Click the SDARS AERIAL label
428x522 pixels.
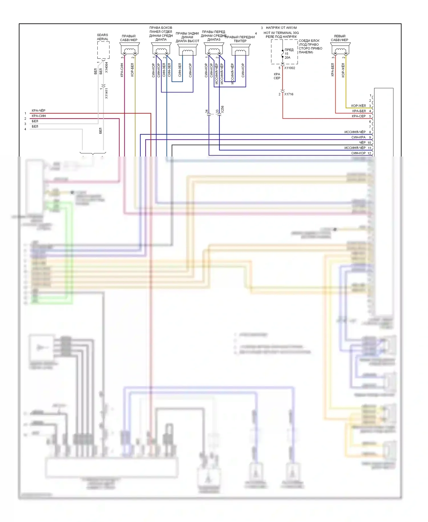[x=102, y=37]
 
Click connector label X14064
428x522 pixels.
[x=106, y=67]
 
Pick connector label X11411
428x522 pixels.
[x=106, y=93]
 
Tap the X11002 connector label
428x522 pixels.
[x=290, y=68]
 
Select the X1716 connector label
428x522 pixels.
[x=288, y=94]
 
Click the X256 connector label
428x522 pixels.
[x=222, y=109]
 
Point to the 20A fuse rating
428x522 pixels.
[x=287, y=58]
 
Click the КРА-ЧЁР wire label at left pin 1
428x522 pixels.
[x=39, y=111]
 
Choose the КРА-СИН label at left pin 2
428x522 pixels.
[x=39, y=116]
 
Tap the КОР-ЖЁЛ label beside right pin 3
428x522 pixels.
[x=358, y=106]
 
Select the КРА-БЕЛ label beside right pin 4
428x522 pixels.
[x=359, y=111]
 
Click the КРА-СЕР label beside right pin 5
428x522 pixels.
[x=359, y=116]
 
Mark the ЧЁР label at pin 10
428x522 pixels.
[x=362, y=142]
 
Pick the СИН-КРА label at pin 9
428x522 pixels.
[x=358, y=137]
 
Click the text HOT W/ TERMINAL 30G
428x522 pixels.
[x=281, y=33]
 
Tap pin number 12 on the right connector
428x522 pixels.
[x=369, y=153]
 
